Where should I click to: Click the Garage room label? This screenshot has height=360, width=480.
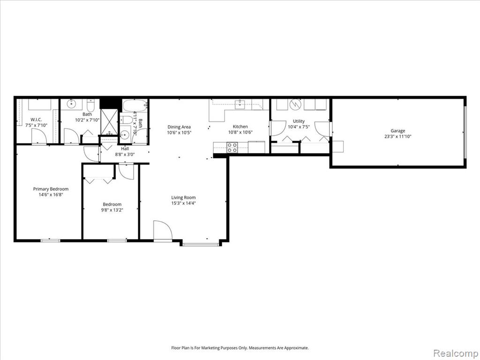tap(397, 131)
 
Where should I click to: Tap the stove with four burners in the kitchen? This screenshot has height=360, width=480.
tap(232, 148)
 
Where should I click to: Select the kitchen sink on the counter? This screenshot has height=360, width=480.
tap(240, 105)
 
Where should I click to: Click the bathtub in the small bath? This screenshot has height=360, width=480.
tap(135, 106)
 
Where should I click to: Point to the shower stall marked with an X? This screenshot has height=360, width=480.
tap(109, 121)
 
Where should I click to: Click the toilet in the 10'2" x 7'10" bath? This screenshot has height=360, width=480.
tap(90, 105)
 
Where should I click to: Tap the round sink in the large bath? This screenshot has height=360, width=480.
tap(72, 104)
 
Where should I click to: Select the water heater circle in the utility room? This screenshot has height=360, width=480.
tap(296, 105)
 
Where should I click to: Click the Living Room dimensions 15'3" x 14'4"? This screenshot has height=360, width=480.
tap(183, 203)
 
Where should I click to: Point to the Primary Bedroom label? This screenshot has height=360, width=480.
tap(51, 189)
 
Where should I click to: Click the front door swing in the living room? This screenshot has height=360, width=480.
tap(163, 231)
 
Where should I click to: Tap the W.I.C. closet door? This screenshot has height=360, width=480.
tap(39, 136)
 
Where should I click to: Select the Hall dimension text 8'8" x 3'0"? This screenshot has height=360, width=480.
tap(125, 155)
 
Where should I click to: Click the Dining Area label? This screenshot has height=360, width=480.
tap(179, 127)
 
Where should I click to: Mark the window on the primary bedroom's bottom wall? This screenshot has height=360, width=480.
tap(51, 240)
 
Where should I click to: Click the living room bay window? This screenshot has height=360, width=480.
tap(201, 244)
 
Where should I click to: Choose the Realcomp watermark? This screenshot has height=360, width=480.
tap(455, 353)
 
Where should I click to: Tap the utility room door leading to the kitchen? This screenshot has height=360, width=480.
tap(276, 128)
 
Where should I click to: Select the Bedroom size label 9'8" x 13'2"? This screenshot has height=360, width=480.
tap(112, 210)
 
